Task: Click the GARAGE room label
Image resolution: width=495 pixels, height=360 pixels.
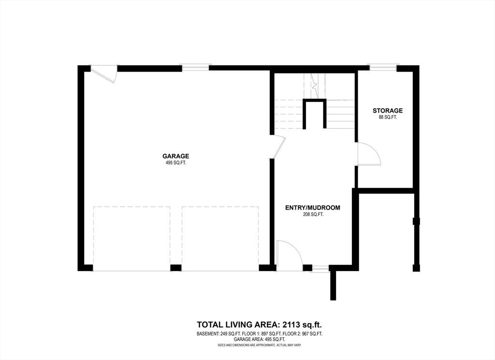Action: click(x=175, y=156)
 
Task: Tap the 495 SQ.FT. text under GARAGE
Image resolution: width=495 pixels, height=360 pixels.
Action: click(x=175, y=163)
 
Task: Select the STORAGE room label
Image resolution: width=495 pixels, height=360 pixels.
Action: click(x=388, y=111)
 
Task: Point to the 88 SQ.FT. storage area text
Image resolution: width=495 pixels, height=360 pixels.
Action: click(x=388, y=117)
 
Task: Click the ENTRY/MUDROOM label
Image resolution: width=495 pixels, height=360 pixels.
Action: click(x=313, y=208)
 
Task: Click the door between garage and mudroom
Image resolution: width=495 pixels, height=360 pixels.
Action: click(x=278, y=147)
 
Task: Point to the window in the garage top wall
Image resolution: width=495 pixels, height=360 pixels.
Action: click(x=195, y=67)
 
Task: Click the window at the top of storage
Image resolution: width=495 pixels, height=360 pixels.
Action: click(x=383, y=67)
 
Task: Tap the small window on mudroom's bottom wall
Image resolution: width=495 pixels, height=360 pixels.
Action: click(x=320, y=268)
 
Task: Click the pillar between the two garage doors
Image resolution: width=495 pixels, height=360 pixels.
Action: click(x=176, y=268)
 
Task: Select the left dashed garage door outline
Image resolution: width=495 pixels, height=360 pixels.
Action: click(x=131, y=238)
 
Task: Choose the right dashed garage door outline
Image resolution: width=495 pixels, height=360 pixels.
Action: click(x=220, y=238)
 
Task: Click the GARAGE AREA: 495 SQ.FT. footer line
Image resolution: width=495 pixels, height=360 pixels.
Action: click(x=260, y=340)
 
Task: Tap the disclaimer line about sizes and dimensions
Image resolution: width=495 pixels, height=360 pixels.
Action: click(x=260, y=345)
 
